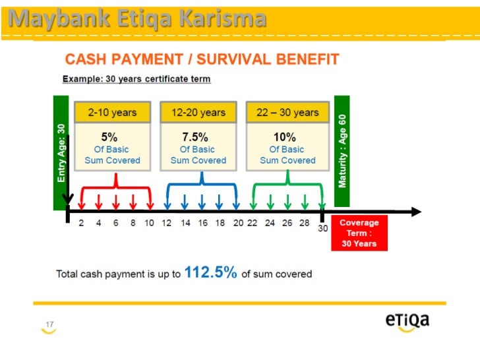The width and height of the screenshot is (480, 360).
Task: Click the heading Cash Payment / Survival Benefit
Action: [x=202, y=60]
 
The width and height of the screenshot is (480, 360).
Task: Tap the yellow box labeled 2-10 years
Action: [x=112, y=112]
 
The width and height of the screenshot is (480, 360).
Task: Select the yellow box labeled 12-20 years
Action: [x=198, y=112]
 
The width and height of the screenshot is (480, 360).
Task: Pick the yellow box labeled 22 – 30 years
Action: [x=287, y=112]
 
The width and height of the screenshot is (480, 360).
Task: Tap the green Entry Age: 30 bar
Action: [x=61, y=152]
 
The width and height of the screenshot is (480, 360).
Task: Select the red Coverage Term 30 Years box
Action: [x=359, y=233]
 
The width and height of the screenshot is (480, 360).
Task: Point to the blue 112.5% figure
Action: [x=210, y=272]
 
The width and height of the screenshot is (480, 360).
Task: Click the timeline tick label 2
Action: [x=81, y=224]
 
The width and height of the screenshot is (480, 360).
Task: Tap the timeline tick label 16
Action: [x=202, y=224]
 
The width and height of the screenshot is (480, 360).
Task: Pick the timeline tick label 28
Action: [x=305, y=224]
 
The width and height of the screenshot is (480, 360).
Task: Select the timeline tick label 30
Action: [x=322, y=229]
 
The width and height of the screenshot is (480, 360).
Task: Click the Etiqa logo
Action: [x=407, y=320]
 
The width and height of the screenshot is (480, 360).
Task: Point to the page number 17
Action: [x=49, y=324]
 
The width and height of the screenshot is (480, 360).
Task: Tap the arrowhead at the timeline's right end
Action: [x=416, y=212]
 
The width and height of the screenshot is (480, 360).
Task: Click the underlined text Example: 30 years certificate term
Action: [x=136, y=79]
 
